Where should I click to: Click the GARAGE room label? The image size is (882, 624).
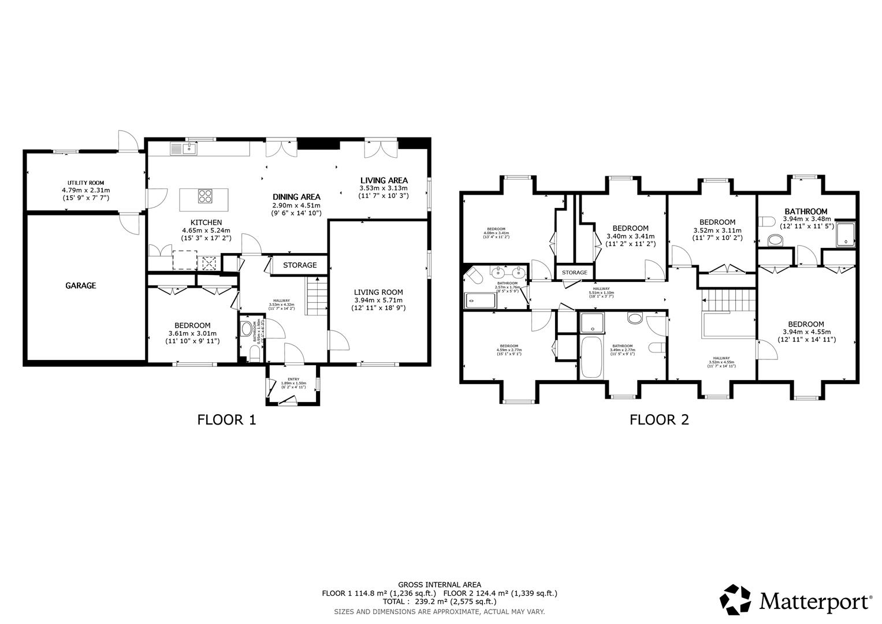click(80, 285)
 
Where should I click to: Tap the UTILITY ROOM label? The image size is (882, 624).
click(85, 183)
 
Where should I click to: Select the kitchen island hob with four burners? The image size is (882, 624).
click(204, 196)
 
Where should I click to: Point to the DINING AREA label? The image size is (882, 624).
click(296, 197)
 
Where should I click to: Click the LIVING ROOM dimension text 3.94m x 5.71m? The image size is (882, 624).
click(378, 300)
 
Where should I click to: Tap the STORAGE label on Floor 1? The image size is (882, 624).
click(299, 265)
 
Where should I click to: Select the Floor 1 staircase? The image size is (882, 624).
click(315, 296)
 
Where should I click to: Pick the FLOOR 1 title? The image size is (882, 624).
click(226, 419)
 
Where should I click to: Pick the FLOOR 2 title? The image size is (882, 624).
click(659, 419)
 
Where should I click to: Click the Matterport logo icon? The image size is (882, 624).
click(736, 600)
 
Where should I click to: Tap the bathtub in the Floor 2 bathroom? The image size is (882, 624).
click(593, 358)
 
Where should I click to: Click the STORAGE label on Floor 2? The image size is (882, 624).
click(574, 272)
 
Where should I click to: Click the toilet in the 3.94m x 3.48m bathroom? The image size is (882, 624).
click(768, 222)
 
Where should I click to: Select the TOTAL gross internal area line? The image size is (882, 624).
click(439, 601)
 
